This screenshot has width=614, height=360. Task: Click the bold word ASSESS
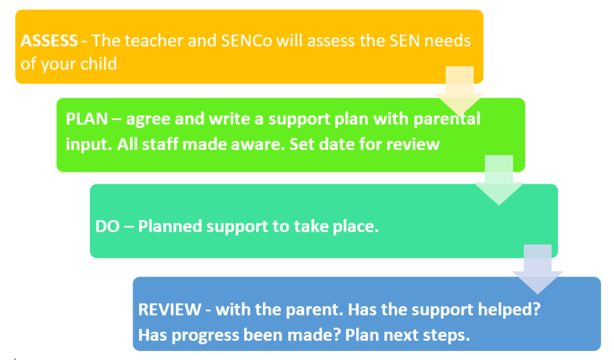click(x=49, y=41)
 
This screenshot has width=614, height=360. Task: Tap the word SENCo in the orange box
click(x=246, y=41)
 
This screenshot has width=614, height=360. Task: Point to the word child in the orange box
click(x=98, y=64)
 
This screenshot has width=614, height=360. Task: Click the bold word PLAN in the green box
click(x=86, y=119)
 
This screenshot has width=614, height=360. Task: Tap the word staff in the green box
click(x=158, y=145)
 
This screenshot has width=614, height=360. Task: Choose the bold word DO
click(x=107, y=226)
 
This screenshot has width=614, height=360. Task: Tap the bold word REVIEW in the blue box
click(x=170, y=310)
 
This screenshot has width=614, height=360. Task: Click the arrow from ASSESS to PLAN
click(x=460, y=91)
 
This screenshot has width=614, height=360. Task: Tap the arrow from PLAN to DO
click(x=499, y=180)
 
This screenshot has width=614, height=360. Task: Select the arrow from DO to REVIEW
click(x=538, y=269)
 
